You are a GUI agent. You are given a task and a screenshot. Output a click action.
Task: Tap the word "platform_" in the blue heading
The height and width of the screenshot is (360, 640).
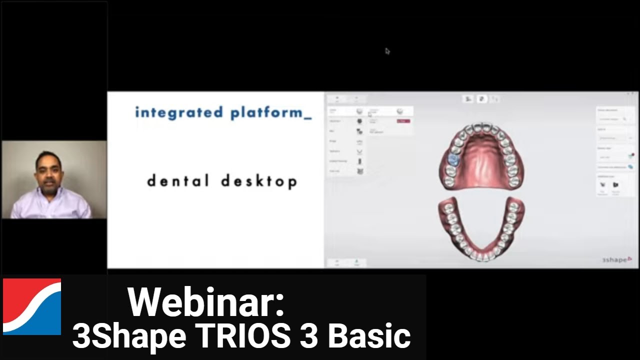pyautogui.click(x=270, y=113)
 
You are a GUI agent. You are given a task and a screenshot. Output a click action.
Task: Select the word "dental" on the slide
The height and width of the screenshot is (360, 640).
pyautogui.click(x=177, y=180)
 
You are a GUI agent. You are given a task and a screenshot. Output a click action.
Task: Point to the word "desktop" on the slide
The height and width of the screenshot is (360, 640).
pyautogui.click(x=259, y=181)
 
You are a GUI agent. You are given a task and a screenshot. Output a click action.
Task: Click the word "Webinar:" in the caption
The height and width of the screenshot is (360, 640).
pyautogui.click(x=206, y=302)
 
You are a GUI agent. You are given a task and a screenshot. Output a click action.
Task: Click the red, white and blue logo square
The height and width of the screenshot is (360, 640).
pyautogui.click(x=32, y=306)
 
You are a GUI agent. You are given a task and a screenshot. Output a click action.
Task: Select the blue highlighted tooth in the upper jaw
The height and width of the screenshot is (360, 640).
pyautogui.click(x=453, y=160)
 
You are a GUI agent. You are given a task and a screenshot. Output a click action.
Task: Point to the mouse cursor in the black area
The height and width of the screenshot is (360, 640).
pyautogui.click(x=387, y=51)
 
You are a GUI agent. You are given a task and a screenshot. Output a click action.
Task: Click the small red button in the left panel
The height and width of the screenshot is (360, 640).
pyautogui.click(x=403, y=121)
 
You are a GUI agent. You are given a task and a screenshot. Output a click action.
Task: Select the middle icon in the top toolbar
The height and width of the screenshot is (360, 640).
pyautogui.click(x=481, y=99)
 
